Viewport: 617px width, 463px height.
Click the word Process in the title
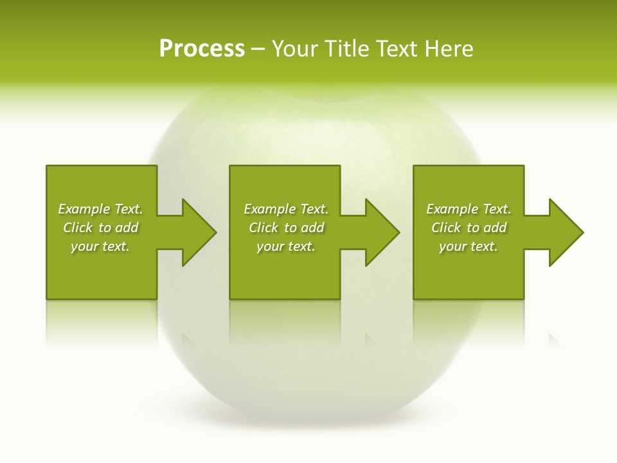click(202, 49)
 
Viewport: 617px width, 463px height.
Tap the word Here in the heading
click(448, 49)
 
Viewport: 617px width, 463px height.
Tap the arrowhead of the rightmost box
click(565, 232)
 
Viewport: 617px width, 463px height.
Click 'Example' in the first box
click(84, 209)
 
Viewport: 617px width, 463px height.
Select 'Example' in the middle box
click(269, 209)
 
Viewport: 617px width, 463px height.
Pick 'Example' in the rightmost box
click(452, 209)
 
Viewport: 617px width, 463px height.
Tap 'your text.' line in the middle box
click(286, 246)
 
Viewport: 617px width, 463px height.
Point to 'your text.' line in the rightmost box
click(469, 246)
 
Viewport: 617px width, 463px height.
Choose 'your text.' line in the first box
click(100, 246)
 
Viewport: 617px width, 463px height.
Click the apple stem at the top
click(315, 97)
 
